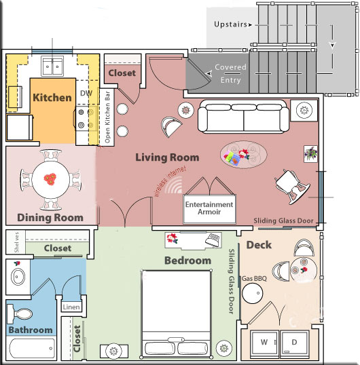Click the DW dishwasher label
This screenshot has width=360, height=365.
coord(86,94)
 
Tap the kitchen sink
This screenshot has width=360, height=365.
coord(52,66)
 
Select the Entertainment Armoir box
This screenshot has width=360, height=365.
coord(209,209)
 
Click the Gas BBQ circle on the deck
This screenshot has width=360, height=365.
coord(253,293)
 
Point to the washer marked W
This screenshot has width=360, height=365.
coord(264,344)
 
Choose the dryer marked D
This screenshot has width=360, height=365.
coord(295,344)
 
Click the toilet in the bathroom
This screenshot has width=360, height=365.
coord(20,314)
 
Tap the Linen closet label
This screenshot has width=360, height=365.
coord(71,307)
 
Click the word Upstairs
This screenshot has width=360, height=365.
coord(230,24)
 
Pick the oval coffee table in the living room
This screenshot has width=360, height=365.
coord(243,154)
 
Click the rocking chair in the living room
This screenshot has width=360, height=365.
coord(293,187)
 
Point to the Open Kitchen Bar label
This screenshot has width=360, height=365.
coord(107,117)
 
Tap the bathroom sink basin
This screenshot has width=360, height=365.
coord(18,277)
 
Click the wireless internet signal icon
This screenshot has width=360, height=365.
coord(174,185)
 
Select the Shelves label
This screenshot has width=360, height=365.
coord(16,242)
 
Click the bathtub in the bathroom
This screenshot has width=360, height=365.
coord(32,348)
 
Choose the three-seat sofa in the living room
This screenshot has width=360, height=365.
coord(243,117)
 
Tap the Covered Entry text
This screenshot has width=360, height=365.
coord(230,73)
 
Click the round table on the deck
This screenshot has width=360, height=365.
coord(304,270)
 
